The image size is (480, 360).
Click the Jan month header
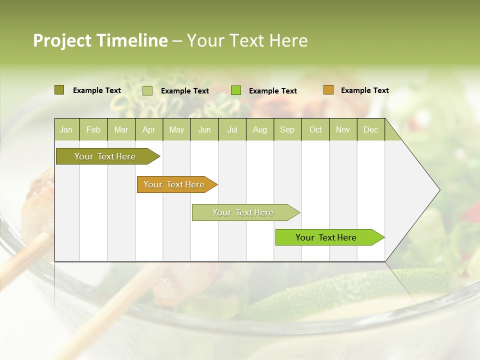(66, 129)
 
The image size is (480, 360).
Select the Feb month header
(93, 129)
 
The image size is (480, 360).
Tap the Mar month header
(121, 129)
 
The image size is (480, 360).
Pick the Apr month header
(149, 129)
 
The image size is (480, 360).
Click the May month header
(176, 129)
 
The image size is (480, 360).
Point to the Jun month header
(204, 129)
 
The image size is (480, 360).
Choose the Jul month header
(232, 129)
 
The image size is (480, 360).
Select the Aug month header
(260, 129)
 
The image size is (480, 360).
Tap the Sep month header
(287, 129)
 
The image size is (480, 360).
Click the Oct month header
(315, 129)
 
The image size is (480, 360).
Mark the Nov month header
(343, 129)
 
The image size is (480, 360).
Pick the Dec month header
(371, 129)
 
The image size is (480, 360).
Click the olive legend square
(59, 90)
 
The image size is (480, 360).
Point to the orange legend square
(328, 90)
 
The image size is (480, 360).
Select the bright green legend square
(236, 90)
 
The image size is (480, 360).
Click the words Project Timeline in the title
(100, 40)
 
